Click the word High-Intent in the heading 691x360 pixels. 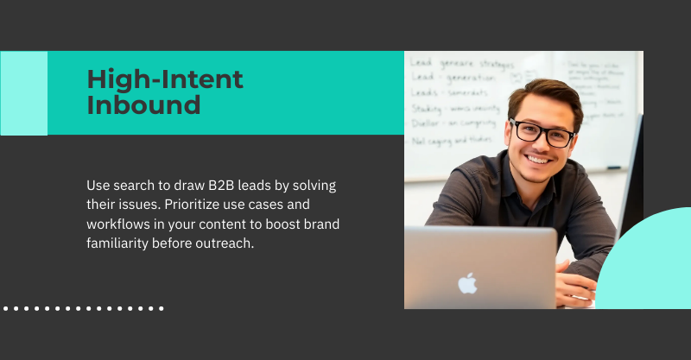click(165, 80)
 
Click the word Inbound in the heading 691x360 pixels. click(143, 105)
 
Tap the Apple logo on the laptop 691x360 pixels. click(467, 282)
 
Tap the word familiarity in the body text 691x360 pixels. click(121, 243)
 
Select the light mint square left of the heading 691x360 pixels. click(23, 93)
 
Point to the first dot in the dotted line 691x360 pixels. click(6, 307)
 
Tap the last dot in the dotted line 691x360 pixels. click(161, 307)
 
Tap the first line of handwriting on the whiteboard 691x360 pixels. click(462, 64)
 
